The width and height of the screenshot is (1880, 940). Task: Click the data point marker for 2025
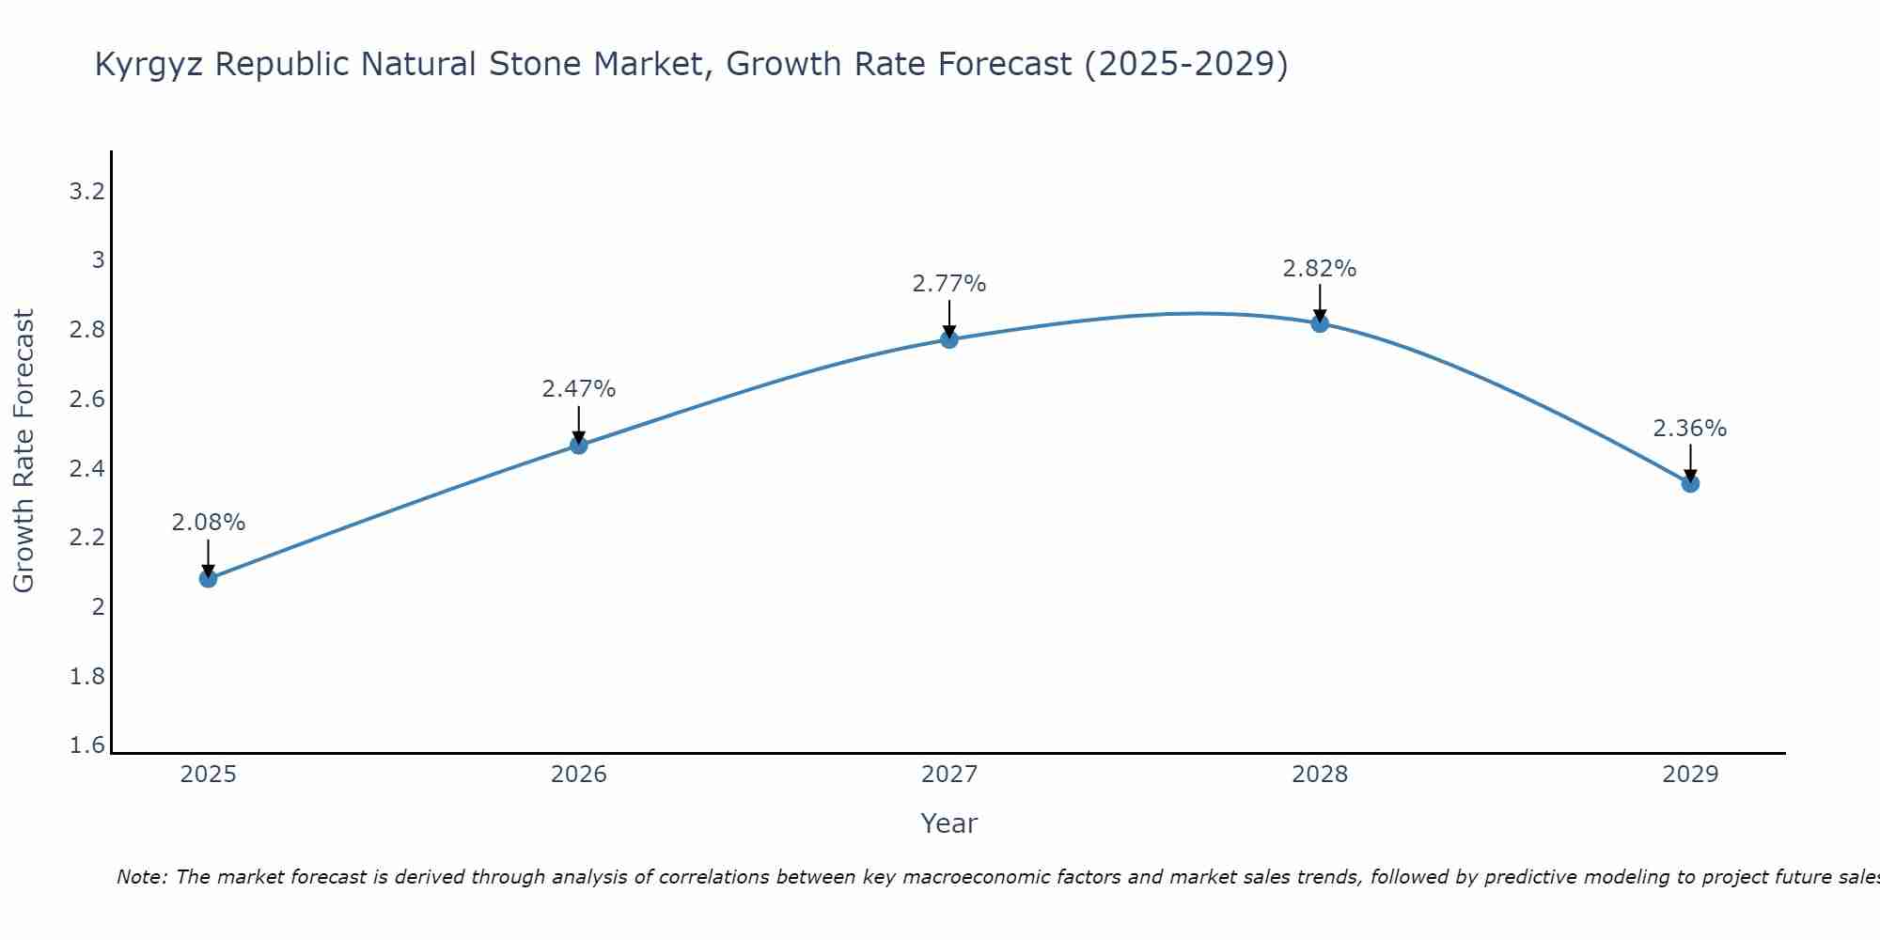pyautogui.click(x=209, y=578)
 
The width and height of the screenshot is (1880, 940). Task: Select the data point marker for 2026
pyautogui.click(x=579, y=445)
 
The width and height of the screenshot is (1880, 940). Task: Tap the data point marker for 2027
pyautogui.click(x=949, y=339)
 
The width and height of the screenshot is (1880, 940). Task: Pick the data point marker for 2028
pyautogui.click(x=1320, y=323)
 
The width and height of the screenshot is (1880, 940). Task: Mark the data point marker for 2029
pyautogui.click(x=1690, y=483)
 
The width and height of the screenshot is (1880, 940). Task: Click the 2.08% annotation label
pyautogui.click(x=209, y=523)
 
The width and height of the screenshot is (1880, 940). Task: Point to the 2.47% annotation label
pyautogui.click(x=579, y=389)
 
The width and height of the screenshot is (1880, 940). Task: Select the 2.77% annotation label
pyautogui.click(x=949, y=284)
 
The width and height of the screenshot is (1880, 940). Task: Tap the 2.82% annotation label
pyautogui.click(x=1320, y=269)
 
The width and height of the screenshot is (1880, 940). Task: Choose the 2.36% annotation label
pyautogui.click(x=1690, y=429)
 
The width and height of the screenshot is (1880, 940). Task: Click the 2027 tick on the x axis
pyautogui.click(x=949, y=775)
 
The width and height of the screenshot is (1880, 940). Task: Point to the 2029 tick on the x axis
pyautogui.click(x=1690, y=775)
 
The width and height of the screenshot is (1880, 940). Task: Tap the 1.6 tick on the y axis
pyautogui.click(x=86, y=745)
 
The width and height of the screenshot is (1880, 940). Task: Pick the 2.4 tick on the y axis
pyautogui.click(x=86, y=469)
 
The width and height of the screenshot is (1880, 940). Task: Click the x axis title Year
pyautogui.click(x=949, y=823)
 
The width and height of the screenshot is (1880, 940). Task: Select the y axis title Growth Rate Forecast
pyautogui.click(x=23, y=451)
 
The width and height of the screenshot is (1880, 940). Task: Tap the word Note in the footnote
pyautogui.click(x=140, y=877)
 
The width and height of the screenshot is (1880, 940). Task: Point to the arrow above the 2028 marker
pyautogui.click(x=1320, y=303)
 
